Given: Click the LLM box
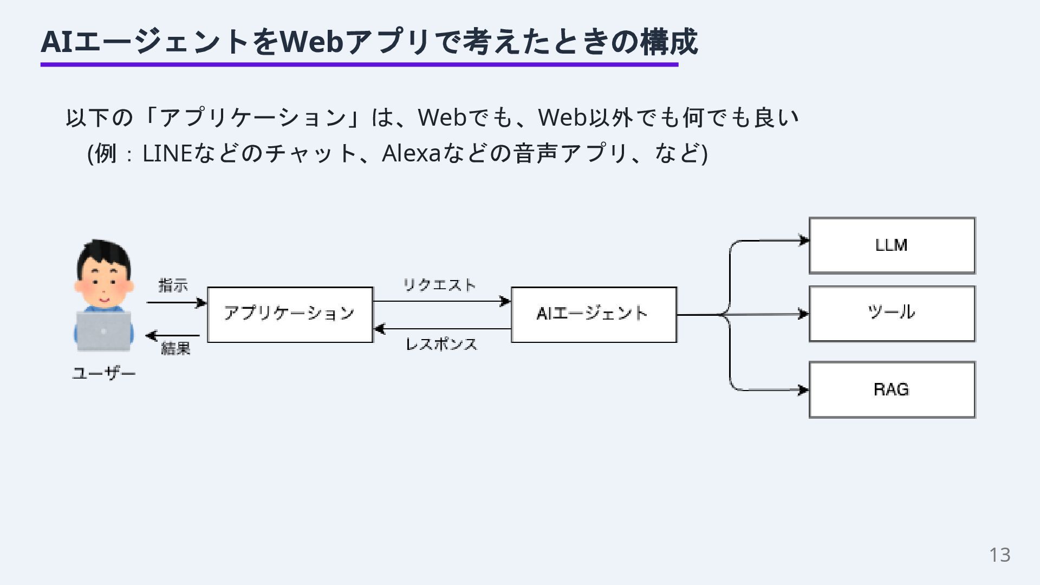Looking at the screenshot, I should pos(892,245).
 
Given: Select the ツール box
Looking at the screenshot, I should pos(892,314).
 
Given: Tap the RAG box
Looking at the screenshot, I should pos(892,389).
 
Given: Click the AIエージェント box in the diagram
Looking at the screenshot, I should pos(594,314).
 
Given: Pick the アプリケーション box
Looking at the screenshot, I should pos(290,314).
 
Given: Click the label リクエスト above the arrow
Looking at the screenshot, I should pos(439,284).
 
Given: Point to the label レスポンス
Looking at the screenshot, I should pos(441,344).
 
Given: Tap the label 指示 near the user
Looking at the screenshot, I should pos(173,285).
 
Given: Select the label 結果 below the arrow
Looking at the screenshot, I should pos(175,348).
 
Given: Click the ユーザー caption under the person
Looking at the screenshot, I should pos(103,373).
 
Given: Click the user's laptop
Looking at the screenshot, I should pos(103,330).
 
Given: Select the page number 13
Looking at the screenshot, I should pos(999,555).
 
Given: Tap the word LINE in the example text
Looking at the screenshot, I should pos(167,154).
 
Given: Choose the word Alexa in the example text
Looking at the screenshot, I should pos(411,154).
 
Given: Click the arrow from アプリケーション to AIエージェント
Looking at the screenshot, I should pos(441,301).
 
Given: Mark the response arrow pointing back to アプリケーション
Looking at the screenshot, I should pos(441,329).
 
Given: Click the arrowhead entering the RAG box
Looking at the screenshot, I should pos(803,390).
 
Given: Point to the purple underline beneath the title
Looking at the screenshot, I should pos(359,65).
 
